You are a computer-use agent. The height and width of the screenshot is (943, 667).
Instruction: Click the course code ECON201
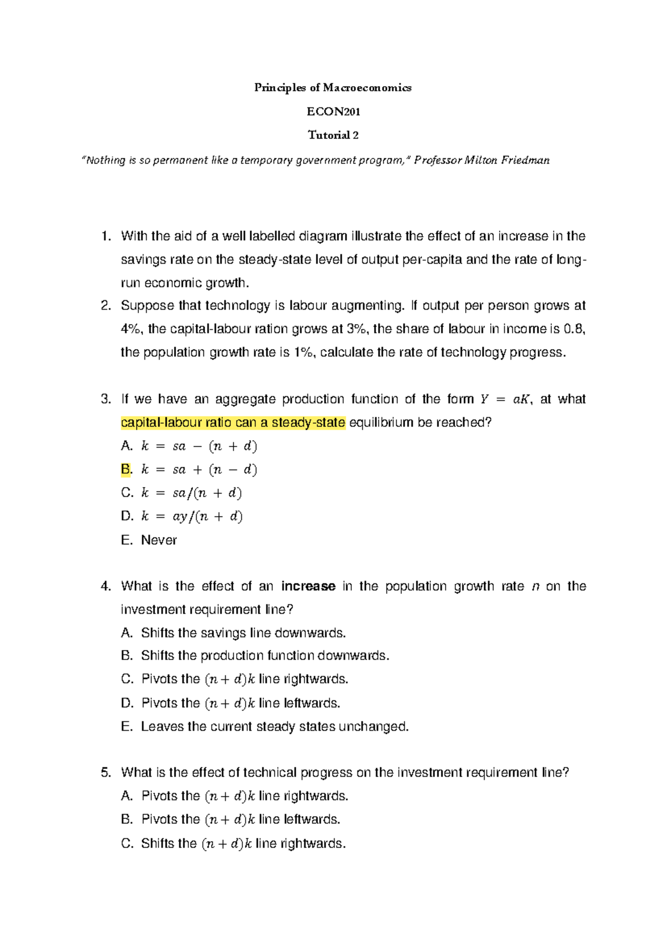coord(333,111)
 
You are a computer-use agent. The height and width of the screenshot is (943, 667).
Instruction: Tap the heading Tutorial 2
coord(333,135)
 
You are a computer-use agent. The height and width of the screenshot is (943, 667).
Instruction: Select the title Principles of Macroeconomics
coord(332,87)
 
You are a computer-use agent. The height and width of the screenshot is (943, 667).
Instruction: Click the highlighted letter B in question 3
coord(126,469)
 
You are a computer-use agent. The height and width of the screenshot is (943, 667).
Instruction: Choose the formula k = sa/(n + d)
coord(192,493)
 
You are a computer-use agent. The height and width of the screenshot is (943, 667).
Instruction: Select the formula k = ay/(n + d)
coord(192,517)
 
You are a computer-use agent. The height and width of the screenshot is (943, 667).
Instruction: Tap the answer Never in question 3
coord(159,540)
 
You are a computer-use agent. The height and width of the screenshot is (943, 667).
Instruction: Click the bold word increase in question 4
coord(308,587)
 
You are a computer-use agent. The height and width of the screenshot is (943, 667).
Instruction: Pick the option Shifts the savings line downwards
coord(243,633)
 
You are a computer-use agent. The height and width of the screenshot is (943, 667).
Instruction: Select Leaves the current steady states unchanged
coord(275,727)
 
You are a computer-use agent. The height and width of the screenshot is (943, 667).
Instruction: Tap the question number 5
coord(106,773)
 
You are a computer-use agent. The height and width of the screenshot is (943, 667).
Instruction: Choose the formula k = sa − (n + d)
coord(199,446)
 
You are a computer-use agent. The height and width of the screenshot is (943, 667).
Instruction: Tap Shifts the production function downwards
coord(265,656)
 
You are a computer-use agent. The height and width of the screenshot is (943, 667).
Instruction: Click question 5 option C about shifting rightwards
coord(243,843)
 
